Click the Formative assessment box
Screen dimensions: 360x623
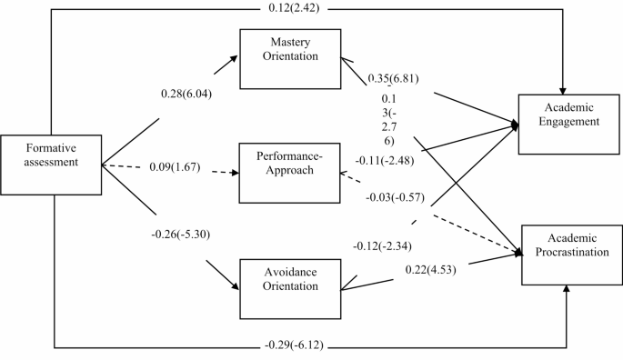51,164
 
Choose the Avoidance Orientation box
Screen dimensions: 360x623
289,287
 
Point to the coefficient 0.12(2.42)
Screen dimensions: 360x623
313,9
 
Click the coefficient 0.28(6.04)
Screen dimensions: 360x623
187,94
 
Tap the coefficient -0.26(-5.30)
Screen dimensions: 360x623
187,234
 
